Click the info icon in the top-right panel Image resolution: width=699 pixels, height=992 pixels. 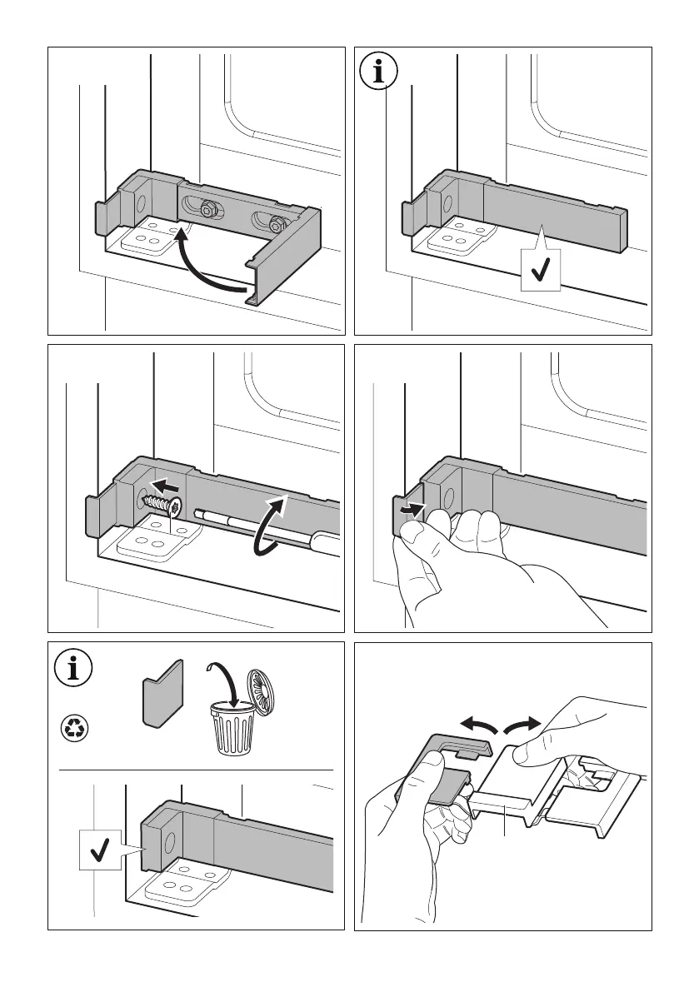coord(380,72)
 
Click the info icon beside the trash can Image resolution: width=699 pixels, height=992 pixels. coord(73,671)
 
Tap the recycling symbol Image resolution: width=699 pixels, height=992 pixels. coord(73,727)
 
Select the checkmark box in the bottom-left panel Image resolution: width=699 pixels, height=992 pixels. coord(101,850)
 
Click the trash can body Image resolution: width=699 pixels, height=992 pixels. coord(232,730)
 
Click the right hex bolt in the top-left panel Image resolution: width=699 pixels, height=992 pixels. coord(276,222)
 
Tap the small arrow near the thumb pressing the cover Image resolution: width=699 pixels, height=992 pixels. coord(410,507)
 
